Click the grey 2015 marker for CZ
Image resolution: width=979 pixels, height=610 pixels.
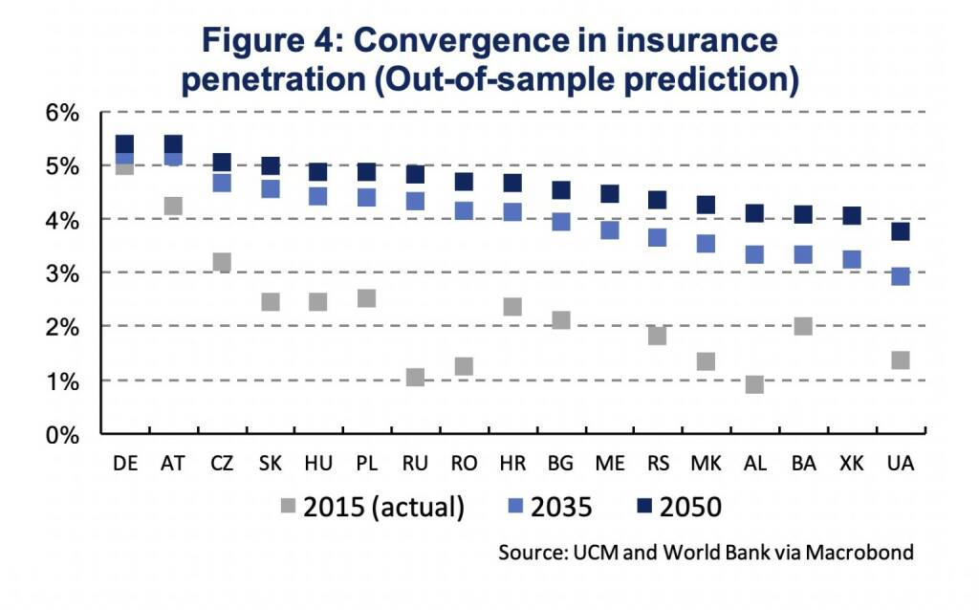pyautogui.click(x=222, y=262)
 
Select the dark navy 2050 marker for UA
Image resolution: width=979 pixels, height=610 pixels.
pyautogui.click(x=900, y=230)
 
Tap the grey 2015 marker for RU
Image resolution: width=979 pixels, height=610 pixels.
pyautogui.click(x=415, y=377)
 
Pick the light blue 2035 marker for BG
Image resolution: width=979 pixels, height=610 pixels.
pyautogui.click(x=561, y=221)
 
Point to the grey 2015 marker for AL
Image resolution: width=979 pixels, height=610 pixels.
pyautogui.click(x=754, y=383)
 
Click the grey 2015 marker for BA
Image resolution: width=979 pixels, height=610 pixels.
pyautogui.click(x=803, y=326)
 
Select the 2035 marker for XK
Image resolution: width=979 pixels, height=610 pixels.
pyautogui.click(x=851, y=259)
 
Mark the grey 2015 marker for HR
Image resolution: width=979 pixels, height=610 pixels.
pyautogui.click(x=512, y=306)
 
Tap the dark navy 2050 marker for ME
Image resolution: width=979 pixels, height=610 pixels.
pyautogui.click(x=609, y=193)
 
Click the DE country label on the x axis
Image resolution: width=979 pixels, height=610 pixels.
pyautogui.click(x=125, y=464)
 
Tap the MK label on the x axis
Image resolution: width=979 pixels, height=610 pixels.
pyautogui.click(x=706, y=464)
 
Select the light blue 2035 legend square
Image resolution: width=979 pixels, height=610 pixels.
pyautogui.click(x=515, y=507)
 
